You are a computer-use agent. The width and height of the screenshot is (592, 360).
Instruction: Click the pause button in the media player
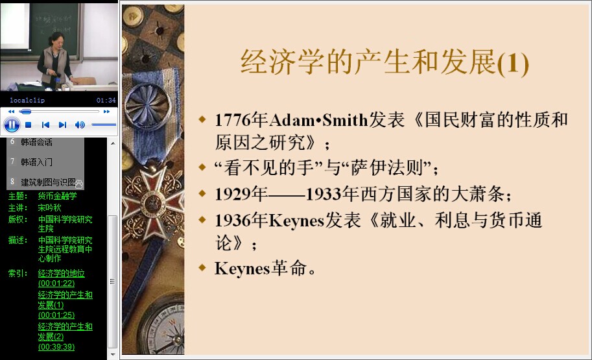12,125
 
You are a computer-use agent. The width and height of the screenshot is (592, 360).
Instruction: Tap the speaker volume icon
80,125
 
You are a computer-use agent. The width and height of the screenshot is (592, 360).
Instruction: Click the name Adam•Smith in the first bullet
318,120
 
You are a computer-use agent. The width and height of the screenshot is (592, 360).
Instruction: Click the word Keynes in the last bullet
243,269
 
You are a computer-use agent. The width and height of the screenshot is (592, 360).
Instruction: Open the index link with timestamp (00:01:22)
56,283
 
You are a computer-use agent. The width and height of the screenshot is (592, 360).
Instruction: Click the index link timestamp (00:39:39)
56,347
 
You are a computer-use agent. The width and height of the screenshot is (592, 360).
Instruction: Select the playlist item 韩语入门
36,162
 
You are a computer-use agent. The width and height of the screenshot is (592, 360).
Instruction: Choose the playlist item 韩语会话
36,143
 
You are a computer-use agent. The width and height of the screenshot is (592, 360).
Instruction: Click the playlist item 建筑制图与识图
49,182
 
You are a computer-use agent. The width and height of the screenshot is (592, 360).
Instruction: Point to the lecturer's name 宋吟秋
49,208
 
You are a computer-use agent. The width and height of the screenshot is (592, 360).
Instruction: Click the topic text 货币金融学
58,196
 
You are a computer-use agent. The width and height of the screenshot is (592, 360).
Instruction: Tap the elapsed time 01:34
106,100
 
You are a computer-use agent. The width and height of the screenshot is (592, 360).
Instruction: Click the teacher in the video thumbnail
54,60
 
